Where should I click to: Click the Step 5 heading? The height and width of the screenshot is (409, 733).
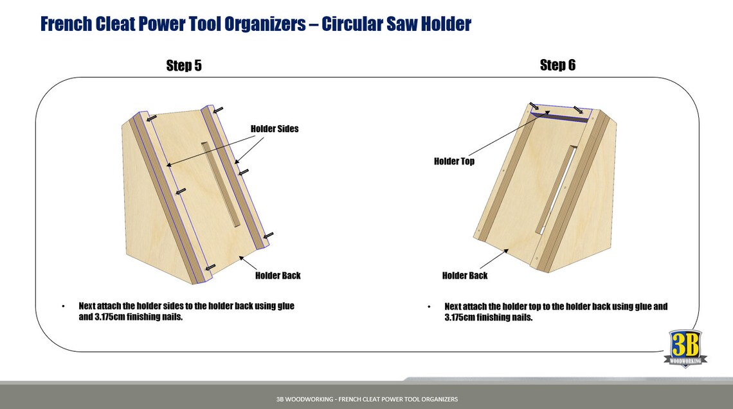(x=184, y=65)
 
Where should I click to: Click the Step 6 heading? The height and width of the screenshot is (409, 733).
(x=557, y=65)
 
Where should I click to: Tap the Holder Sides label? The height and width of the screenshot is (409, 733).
(x=275, y=129)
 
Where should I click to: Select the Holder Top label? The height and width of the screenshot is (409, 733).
(x=454, y=161)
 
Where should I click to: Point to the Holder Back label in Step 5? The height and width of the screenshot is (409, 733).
(x=278, y=275)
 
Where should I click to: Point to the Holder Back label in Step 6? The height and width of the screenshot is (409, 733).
(x=464, y=275)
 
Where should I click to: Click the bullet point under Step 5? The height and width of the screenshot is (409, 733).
(x=63, y=306)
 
